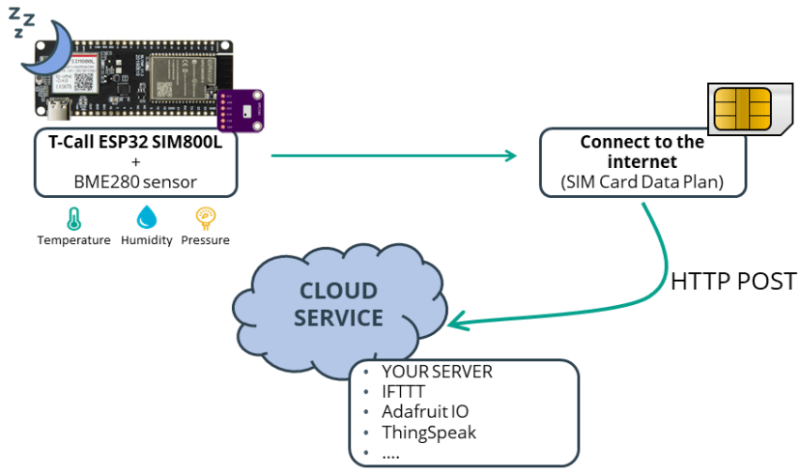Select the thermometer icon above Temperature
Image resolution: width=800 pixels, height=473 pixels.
click(73, 217)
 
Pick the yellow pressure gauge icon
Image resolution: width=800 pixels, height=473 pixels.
click(205, 217)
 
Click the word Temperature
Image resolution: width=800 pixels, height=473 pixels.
click(73, 240)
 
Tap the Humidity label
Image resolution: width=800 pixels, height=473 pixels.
click(147, 240)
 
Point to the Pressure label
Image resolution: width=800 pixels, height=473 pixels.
click(206, 240)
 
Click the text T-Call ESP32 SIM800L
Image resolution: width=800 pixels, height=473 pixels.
click(135, 141)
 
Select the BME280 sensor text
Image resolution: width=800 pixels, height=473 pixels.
click(135, 181)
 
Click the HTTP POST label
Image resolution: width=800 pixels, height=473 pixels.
click(733, 281)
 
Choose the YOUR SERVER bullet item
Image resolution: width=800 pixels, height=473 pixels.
click(437, 372)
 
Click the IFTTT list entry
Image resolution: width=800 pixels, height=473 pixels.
click(404, 392)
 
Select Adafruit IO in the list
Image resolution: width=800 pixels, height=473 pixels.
click(425, 412)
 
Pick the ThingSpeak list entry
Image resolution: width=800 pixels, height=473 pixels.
click(429, 432)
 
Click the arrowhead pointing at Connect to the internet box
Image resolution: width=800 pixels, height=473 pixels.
click(510, 154)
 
